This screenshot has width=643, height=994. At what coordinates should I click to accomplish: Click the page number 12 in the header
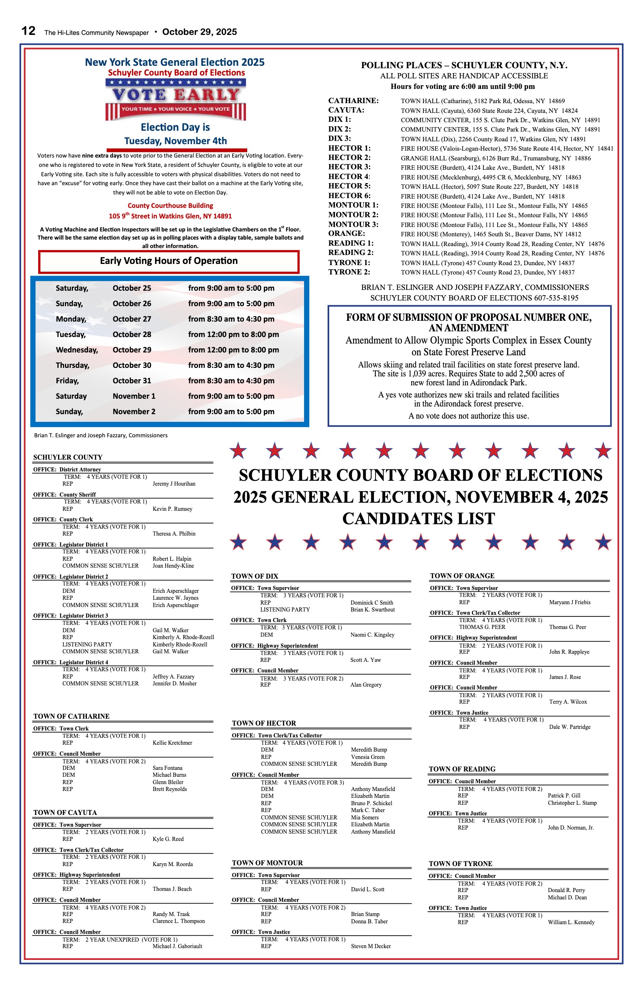(28, 31)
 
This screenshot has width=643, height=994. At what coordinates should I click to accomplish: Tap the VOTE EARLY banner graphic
(175, 99)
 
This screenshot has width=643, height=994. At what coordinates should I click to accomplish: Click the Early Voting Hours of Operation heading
(169, 261)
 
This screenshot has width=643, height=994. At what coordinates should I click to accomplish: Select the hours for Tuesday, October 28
(233, 335)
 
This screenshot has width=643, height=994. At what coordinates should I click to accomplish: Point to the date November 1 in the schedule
(134, 396)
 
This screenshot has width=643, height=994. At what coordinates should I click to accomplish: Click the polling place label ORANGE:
(347, 233)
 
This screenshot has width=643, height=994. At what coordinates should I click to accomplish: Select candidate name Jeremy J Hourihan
(174, 484)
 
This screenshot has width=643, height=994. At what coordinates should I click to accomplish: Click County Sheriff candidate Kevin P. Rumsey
(173, 509)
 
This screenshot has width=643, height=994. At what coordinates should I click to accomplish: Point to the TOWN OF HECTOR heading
(264, 723)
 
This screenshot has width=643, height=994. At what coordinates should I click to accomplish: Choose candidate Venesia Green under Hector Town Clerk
(368, 757)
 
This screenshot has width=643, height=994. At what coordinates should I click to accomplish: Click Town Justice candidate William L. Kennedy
(571, 922)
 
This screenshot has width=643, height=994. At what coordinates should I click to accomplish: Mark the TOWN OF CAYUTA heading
(65, 812)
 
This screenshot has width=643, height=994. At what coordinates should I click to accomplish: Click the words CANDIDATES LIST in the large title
(419, 519)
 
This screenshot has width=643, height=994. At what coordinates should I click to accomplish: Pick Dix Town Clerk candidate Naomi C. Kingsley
(372, 635)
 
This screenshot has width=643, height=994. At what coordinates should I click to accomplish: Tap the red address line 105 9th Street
(170, 216)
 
